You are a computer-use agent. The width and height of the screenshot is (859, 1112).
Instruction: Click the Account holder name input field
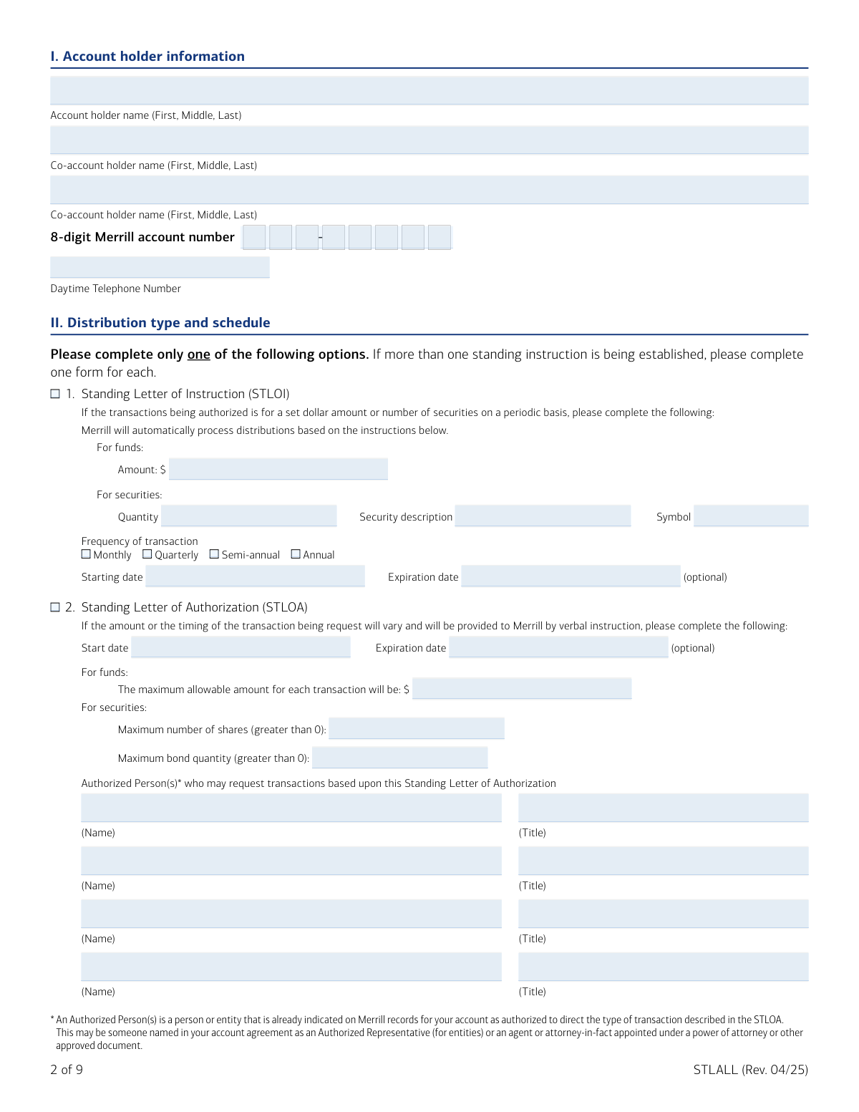click(429, 91)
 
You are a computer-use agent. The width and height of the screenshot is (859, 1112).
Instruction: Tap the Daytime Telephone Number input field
click(160, 267)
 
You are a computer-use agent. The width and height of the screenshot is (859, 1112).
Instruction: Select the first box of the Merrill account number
click(254, 237)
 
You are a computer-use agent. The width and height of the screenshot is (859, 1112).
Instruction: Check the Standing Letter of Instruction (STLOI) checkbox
click(55, 394)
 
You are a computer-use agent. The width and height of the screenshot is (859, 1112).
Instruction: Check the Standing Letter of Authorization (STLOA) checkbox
click(55, 607)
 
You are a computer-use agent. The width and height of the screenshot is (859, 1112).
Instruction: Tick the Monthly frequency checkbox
click(86, 554)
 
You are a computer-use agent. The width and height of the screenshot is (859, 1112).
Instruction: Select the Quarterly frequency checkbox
click(147, 554)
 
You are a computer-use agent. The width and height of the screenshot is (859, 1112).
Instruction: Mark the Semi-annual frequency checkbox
click(214, 554)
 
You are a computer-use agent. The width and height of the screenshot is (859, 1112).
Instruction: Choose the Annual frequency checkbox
click(296, 554)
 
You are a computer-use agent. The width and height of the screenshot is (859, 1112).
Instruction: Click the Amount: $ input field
click(278, 469)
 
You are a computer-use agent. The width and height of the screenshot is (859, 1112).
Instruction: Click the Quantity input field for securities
click(248, 516)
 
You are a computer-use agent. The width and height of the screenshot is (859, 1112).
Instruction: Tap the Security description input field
click(543, 516)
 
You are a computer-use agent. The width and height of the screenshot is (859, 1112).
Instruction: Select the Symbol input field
click(751, 516)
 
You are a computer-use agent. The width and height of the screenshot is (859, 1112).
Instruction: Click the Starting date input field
click(255, 576)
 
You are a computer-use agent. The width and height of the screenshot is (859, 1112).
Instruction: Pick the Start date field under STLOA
click(241, 647)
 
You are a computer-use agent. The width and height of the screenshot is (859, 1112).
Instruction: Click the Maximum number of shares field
click(417, 729)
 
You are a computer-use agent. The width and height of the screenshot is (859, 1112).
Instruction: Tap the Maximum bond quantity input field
click(400, 758)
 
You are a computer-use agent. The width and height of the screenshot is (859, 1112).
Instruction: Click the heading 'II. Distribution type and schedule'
click(160, 323)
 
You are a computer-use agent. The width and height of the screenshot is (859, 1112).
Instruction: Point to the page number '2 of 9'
click(67, 1070)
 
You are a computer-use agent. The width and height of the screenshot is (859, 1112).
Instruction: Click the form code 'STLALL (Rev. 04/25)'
click(750, 1070)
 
